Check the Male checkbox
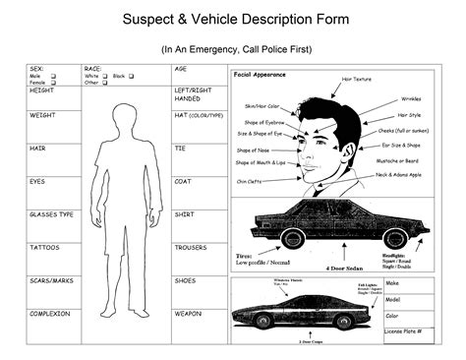pyautogui.click(x=53, y=76)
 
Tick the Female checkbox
pyautogui.click(x=53, y=83)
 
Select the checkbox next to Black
pyautogui.click(x=131, y=76)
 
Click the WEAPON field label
pyautogui.click(x=188, y=313)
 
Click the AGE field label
pyautogui.click(x=180, y=69)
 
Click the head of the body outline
pyautogui.click(x=125, y=115)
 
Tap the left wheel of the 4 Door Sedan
pyautogui.click(x=291, y=239)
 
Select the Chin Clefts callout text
pyautogui.click(x=248, y=181)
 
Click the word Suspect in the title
pyautogui.click(x=148, y=19)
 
